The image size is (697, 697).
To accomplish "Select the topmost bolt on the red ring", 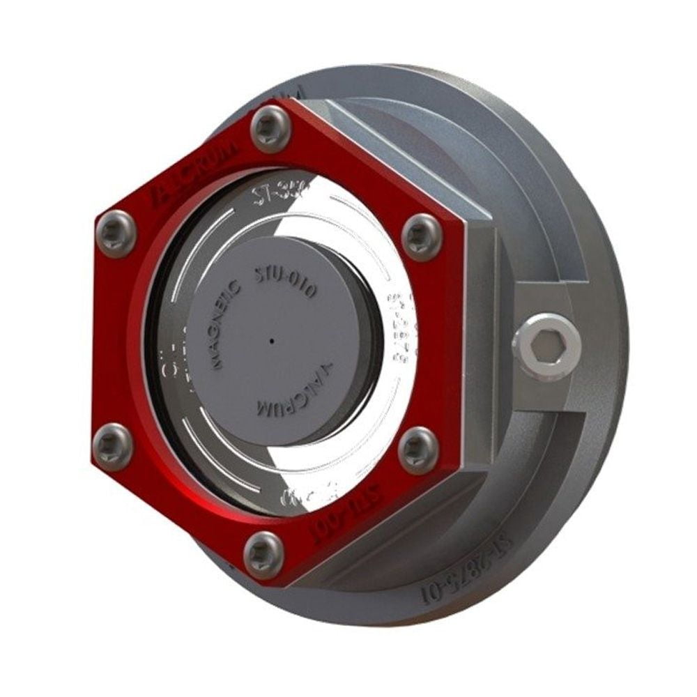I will pos(270,128).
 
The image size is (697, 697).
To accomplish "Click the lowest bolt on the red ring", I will pos(263,554).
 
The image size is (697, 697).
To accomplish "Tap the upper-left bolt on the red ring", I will pos(116,233).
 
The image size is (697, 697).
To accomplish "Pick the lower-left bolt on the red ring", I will pos(112,445).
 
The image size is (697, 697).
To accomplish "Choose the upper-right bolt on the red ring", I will pos(422,237).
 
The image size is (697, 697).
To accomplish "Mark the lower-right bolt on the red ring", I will pos(418,450).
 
